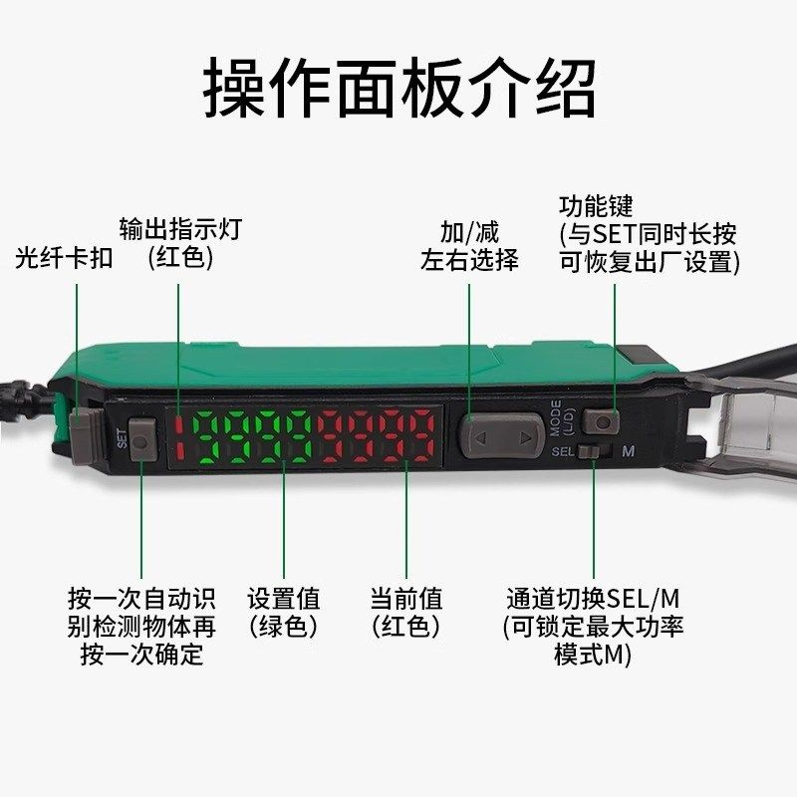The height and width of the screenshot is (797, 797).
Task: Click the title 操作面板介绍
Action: click(398, 89)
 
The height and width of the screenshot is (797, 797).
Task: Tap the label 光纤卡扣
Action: click(65, 258)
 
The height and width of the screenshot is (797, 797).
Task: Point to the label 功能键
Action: click(596, 207)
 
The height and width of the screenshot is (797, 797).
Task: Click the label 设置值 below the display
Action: click(284, 599)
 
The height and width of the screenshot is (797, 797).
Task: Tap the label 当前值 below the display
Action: click(406, 599)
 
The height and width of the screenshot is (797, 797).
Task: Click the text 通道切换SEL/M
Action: click(593, 599)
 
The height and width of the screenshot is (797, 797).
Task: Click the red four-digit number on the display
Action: click(378, 436)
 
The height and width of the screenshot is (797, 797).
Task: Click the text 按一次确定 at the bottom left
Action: click(140, 655)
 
